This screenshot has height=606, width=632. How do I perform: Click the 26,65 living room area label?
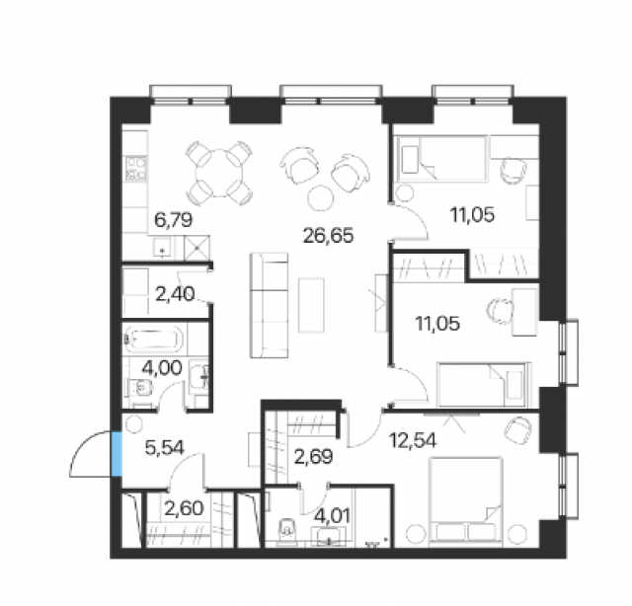(x=328, y=236)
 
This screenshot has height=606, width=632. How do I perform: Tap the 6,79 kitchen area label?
(x=174, y=220)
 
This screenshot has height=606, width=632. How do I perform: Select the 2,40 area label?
(x=175, y=294)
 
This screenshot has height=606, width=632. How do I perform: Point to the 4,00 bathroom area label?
(x=162, y=367)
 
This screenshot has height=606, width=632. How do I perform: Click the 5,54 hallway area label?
(x=165, y=448)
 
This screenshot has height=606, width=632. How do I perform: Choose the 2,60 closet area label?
(x=184, y=508)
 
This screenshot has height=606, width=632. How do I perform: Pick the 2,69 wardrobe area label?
(x=313, y=457)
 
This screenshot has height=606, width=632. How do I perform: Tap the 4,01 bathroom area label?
(x=333, y=516)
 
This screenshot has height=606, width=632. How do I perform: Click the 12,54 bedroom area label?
(x=413, y=440)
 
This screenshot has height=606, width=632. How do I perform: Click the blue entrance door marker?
(x=117, y=454)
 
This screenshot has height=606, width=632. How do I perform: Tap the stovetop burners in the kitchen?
(x=136, y=168)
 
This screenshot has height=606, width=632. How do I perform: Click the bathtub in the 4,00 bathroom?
(x=154, y=340)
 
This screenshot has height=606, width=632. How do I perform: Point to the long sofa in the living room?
(x=269, y=305)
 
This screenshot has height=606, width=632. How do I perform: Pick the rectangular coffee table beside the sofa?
(x=311, y=305)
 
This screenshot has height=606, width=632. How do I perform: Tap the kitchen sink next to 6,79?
(x=162, y=247)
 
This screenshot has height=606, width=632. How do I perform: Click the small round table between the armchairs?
(x=321, y=197)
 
